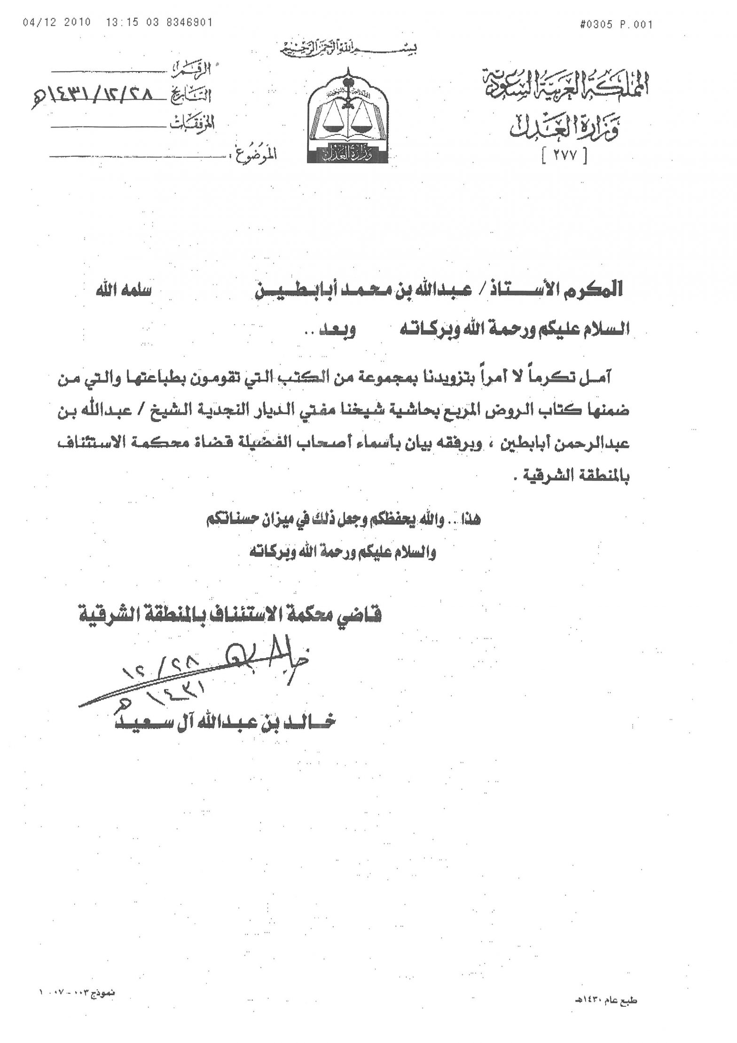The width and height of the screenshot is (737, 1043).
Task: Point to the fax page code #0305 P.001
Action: tap(617, 25)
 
